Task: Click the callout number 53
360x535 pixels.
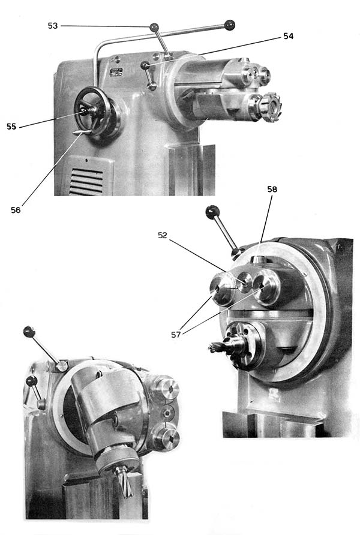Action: click(x=53, y=26)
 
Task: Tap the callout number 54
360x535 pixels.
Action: click(x=289, y=36)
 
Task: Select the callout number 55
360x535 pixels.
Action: click(x=11, y=126)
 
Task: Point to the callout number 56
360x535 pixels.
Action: click(x=16, y=210)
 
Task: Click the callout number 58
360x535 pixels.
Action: click(x=272, y=189)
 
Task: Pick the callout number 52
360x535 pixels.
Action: click(x=163, y=235)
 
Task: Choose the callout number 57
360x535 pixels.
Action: click(x=176, y=335)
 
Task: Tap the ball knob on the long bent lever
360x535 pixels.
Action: click(x=230, y=25)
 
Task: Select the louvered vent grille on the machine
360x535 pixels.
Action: click(x=86, y=181)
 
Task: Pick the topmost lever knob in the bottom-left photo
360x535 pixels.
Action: click(x=29, y=331)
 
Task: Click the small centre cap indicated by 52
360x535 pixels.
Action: click(x=244, y=282)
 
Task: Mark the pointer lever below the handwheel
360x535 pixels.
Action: click(x=82, y=133)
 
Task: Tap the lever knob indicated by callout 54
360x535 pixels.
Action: click(x=146, y=65)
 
